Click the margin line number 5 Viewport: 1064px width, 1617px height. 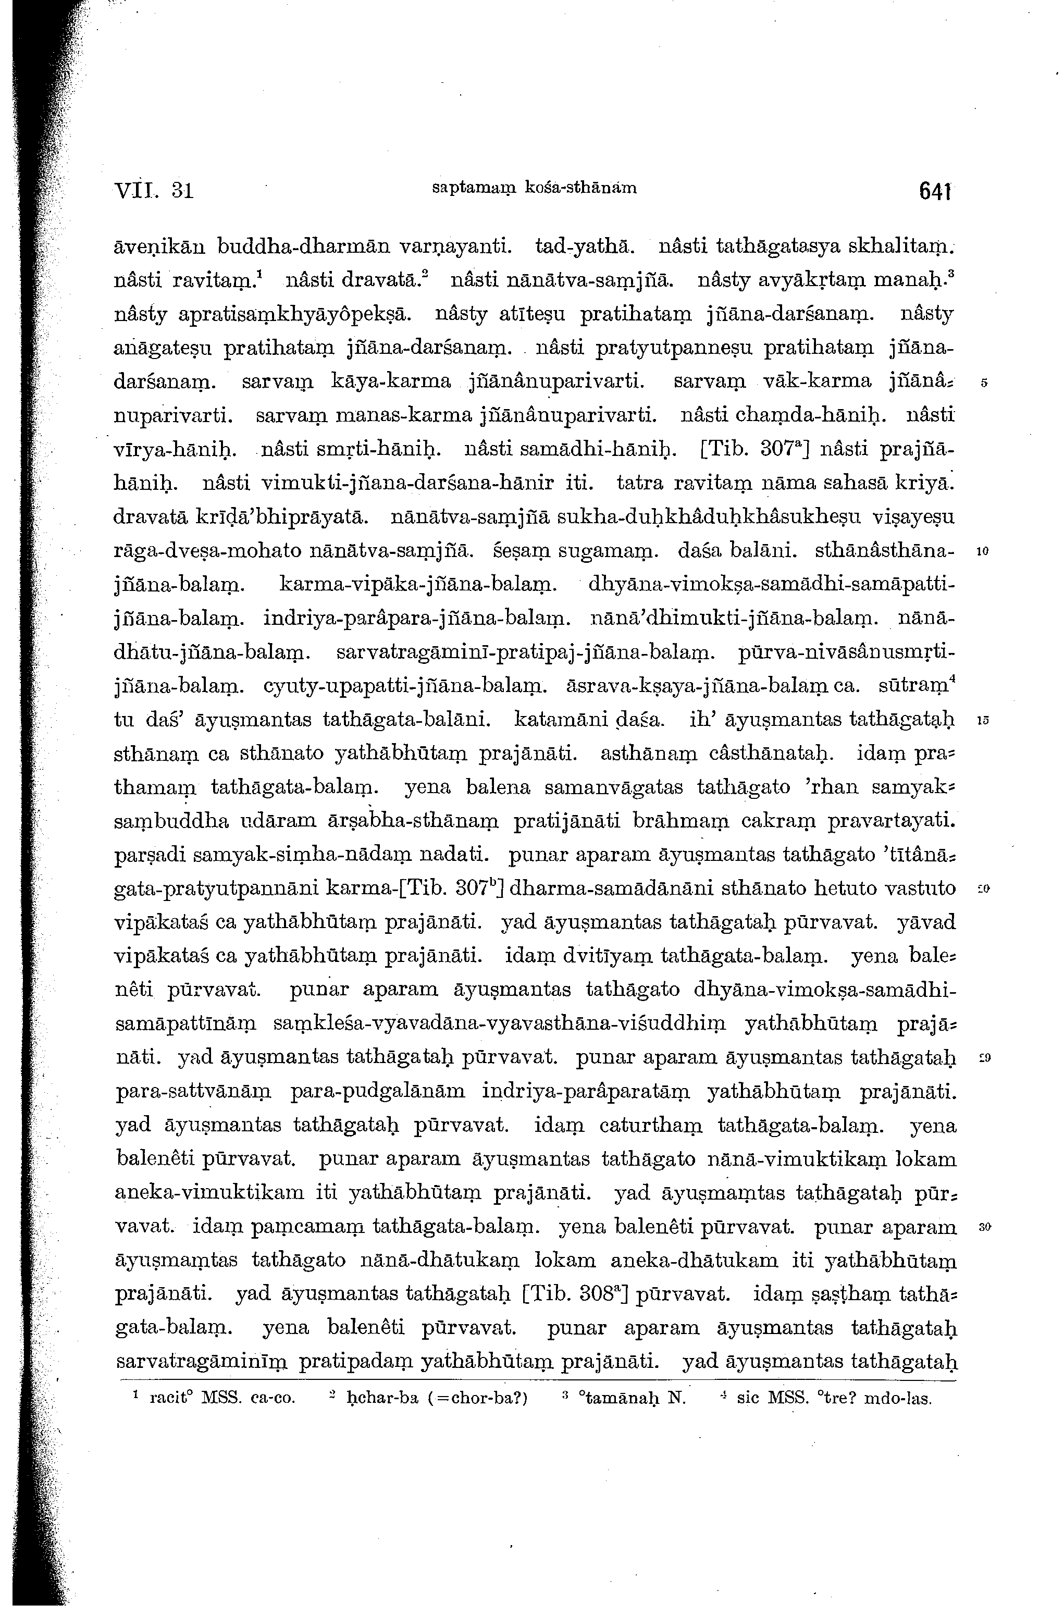(984, 382)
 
